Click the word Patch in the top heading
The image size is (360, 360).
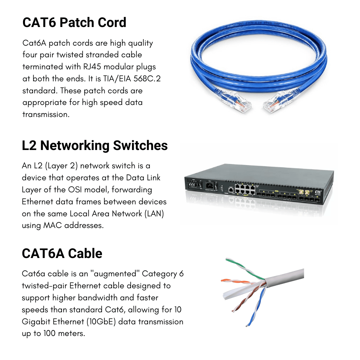click(77, 23)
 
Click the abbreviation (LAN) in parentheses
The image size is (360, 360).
click(154, 214)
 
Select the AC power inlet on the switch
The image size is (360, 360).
click(210, 185)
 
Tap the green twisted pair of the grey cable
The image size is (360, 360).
click(245, 267)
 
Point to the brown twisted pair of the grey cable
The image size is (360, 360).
click(243, 302)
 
